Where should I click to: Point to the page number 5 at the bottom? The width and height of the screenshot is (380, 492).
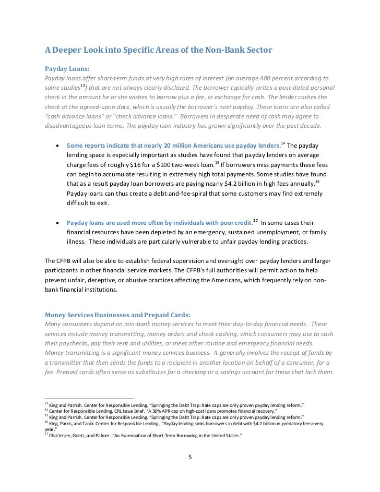[190, 458]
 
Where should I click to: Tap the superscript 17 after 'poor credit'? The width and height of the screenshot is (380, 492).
[256, 220]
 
